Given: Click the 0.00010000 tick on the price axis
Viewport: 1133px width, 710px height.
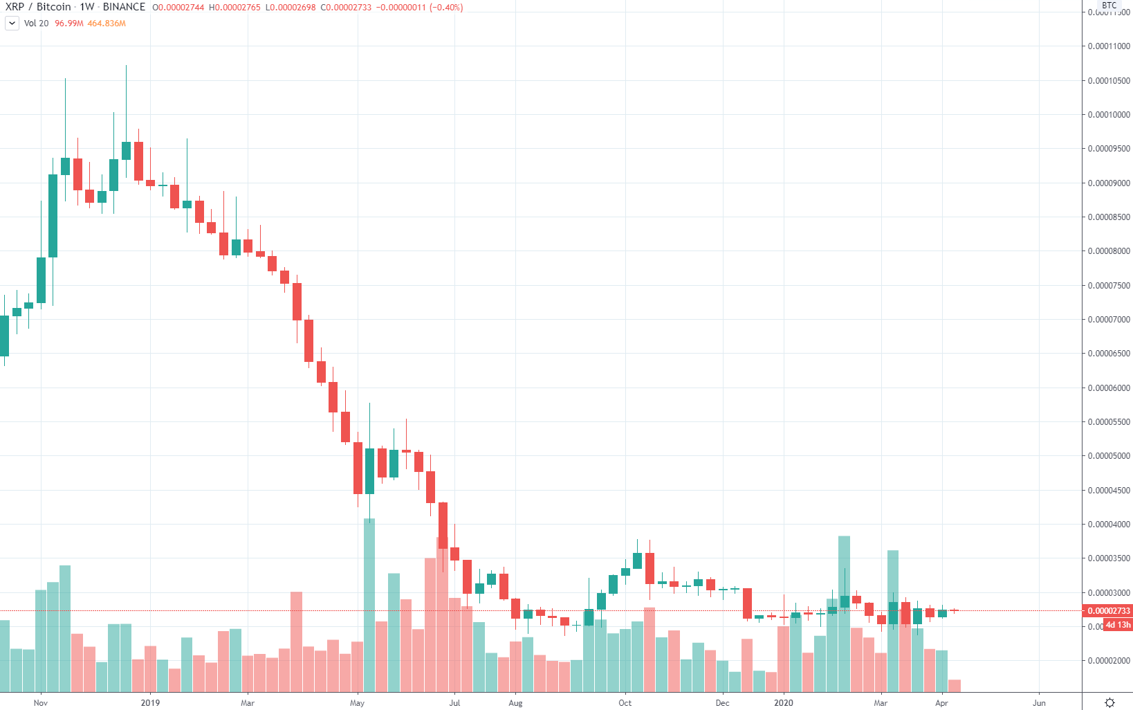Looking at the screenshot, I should pyautogui.click(x=1109, y=115).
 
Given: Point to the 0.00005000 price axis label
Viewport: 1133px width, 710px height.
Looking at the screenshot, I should pyautogui.click(x=1109, y=456).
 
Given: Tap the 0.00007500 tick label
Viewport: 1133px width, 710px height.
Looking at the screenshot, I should pyautogui.click(x=1109, y=286).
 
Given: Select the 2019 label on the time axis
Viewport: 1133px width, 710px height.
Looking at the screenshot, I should pyautogui.click(x=150, y=703).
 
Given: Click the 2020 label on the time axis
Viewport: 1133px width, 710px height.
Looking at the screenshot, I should pyautogui.click(x=784, y=703).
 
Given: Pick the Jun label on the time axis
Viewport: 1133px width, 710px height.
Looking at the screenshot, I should pyautogui.click(x=1039, y=703).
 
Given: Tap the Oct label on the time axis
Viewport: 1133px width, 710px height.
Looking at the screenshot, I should pyautogui.click(x=625, y=703).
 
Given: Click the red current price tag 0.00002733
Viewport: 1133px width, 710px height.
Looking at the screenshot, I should pyautogui.click(x=1109, y=611).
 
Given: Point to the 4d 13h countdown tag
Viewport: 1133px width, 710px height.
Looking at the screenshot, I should pyautogui.click(x=1118, y=625).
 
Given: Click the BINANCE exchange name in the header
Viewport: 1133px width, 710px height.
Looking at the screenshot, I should pyautogui.click(x=124, y=7).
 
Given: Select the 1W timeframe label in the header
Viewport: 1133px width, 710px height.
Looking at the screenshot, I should pyautogui.click(x=86, y=7).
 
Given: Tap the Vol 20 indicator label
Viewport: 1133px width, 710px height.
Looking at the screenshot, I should pyautogui.click(x=36, y=24).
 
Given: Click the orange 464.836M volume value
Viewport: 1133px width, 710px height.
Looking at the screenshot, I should pyautogui.click(x=107, y=24).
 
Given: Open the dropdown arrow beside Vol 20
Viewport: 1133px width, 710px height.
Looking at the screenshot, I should pyautogui.click(x=12, y=24).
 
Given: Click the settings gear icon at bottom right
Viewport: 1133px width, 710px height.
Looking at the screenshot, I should pyautogui.click(x=1109, y=702).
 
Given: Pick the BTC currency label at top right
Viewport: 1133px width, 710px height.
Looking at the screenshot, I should pyautogui.click(x=1109, y=6).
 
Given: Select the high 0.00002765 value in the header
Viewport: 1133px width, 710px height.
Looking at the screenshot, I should pyautogui.click(x=234, y=8).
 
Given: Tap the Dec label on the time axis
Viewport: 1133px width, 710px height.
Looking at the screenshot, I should pyautogui.click(x=722, y=703).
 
